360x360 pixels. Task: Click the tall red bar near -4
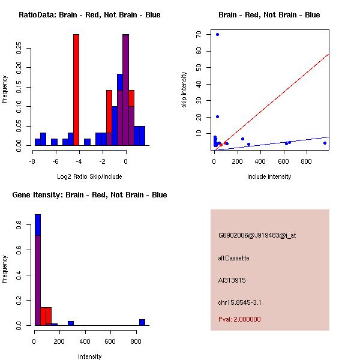pos(76,90)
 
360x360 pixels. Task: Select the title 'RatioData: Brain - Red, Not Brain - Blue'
pos(89,15)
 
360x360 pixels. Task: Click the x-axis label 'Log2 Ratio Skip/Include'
pos(89,176)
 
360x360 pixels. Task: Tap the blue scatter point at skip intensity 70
pos(217,34)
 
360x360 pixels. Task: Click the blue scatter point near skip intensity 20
pos(217,116)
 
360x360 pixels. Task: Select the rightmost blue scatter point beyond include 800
pos(325,143)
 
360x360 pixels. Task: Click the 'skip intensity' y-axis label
pos(185,90)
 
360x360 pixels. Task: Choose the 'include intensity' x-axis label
pos(269,176)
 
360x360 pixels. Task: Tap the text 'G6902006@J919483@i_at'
pos(257,235)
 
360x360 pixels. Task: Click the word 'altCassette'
pos(233,258)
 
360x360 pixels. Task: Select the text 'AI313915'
pos(232,280)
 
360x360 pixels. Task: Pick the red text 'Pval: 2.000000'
pos(239,319)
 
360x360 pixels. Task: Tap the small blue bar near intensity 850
pos(142,322)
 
